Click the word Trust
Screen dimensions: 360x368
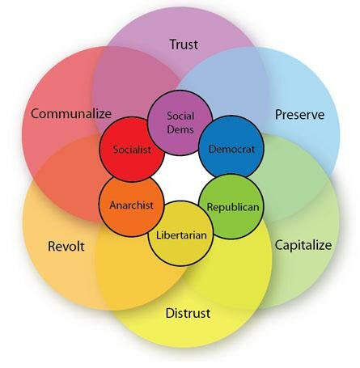click(184, 44)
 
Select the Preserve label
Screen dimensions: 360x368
click(299, 115)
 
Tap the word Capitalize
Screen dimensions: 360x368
click(303, 245)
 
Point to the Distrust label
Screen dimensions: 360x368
click(188, 313)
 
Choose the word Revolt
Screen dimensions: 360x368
click(66, 246)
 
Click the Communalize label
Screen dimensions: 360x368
click(71, 113)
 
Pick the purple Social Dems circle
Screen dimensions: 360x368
click(180, 123)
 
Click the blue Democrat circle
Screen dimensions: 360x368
click(231, 148)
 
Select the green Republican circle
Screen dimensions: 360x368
click(231, 206)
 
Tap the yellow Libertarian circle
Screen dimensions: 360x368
click(181, 234)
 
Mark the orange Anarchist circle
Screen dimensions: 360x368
click(132, 205)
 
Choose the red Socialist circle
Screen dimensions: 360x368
click(132, 149)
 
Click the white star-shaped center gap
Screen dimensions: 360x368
click(181, 178)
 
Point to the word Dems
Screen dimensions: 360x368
click(180, 129)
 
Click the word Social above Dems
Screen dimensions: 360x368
click(180, 116)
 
